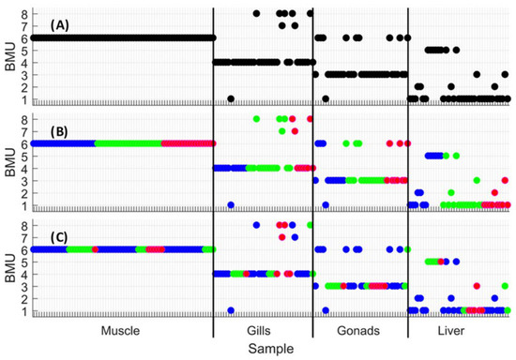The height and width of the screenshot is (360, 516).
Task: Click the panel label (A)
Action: pos(59,25)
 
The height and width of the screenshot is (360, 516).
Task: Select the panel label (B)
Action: pos(59,131)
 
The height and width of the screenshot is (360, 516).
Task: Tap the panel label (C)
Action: pos(59,237)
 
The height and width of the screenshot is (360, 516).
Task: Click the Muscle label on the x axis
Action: pos(120,330)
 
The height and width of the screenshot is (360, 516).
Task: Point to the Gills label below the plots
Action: pos(259,330)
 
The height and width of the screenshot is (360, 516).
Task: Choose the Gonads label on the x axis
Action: pos(358,330)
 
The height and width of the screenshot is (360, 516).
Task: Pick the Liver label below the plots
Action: pos(451,330)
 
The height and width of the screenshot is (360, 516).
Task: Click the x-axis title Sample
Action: pos(271,349)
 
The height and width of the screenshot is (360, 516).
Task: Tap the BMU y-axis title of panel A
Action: pos(10,56)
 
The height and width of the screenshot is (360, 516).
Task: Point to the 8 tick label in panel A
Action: pos(25,14)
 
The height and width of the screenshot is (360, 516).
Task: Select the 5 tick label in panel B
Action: pos(25,157)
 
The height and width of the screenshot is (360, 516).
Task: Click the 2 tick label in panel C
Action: pos(25,298)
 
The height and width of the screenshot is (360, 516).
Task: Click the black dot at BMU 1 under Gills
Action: pos(231,98)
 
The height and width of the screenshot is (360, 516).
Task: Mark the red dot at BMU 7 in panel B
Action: pos(295,131)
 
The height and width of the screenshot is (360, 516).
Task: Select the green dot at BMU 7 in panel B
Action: pos(282,131)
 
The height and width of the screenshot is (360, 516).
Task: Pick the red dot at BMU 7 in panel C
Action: pos(282,237)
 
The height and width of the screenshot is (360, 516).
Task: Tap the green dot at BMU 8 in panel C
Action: pos(310,225)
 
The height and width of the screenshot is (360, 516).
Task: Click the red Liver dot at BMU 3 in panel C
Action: pos(477,286)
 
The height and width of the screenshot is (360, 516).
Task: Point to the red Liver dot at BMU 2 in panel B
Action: pos(494,193)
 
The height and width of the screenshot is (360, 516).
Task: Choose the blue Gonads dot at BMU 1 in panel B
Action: pos(326,204)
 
